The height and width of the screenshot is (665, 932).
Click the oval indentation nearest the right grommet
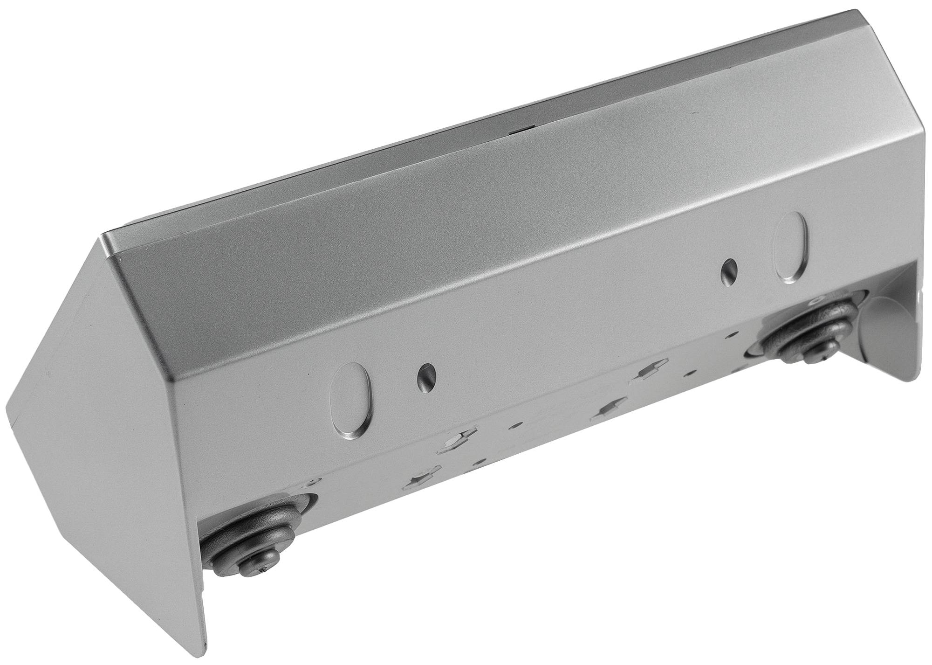click(789, 247)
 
